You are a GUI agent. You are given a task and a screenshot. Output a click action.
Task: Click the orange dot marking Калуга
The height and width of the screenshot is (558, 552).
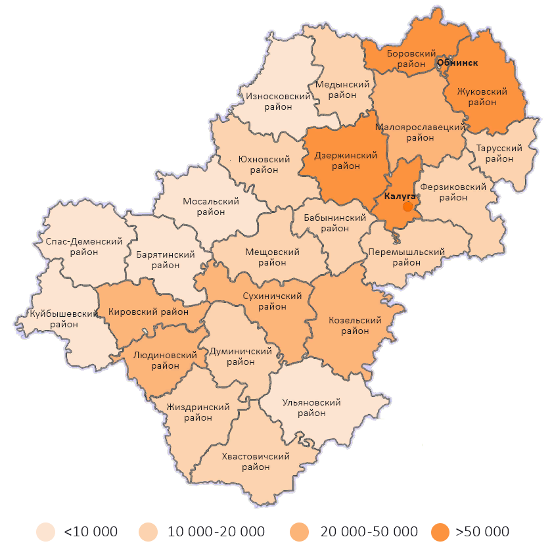[407, 206]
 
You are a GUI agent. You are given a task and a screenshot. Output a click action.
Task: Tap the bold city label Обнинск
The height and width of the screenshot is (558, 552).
[457, 63]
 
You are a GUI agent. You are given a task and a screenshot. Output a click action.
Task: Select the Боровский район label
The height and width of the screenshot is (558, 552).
[411, 58]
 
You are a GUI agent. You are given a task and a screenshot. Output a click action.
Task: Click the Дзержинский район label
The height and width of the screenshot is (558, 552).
[346, 161]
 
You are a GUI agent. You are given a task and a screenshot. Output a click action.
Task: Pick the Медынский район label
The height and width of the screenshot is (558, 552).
[342, 90]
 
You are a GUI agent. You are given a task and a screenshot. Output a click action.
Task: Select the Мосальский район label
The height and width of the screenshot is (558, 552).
[211, 207]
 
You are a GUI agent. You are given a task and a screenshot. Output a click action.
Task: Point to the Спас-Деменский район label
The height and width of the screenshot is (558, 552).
[84, 247]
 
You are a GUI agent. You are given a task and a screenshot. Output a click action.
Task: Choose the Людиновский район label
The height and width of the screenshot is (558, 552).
[165, 361]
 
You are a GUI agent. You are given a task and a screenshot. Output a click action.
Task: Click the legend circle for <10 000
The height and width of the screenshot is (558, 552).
[45, 531]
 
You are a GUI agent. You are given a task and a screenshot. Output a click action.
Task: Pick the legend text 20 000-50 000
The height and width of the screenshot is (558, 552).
[369, 531]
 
